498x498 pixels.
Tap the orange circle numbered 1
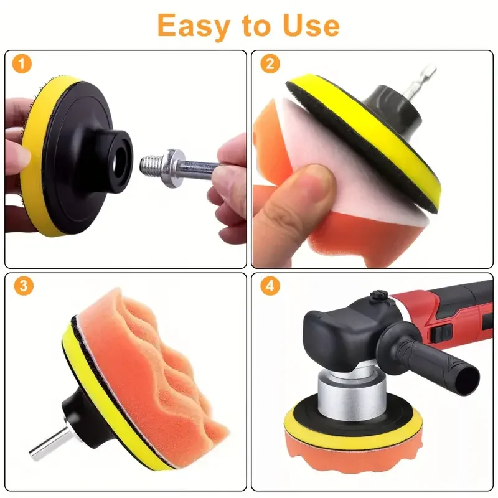pyautogui.click(x=22, y=63)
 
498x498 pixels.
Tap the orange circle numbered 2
pyautogui.click(x=270, y=63)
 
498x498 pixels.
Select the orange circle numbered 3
pyautogui.click(x=22, y=286)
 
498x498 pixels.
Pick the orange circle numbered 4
pyautogui.click(x=270, y=286)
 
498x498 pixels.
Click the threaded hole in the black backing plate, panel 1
pyautogui.click(x=118, y=153)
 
